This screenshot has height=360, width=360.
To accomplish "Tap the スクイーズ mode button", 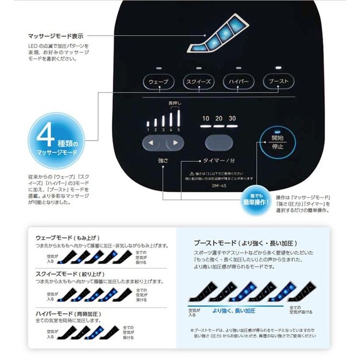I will coord(198,82).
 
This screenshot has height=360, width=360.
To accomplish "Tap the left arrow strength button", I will coord(152,144).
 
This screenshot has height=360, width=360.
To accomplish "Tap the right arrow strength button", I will coord(174,144).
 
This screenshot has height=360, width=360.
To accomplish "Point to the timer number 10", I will coord(206,119).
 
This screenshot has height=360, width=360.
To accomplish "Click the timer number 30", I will coord(232,119).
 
